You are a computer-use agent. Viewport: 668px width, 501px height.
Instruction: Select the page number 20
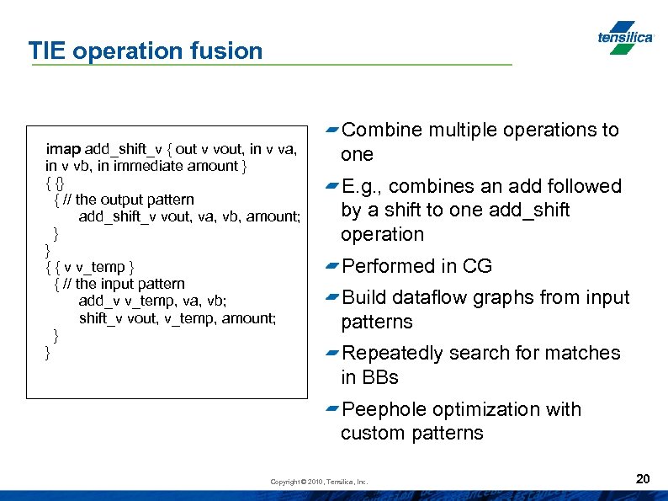pos(643,479)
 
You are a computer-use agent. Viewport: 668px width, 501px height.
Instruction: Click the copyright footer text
pos(319,482)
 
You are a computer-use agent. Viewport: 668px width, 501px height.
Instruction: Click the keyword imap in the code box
pos(63,149)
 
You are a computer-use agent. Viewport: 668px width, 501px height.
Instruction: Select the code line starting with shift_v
pos(177,317)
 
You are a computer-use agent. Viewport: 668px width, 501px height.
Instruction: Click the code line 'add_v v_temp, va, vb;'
pos(152,301)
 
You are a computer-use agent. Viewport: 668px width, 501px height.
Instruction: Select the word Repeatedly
pos(390,353)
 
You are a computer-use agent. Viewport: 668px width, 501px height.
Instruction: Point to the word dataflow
pos(427,297)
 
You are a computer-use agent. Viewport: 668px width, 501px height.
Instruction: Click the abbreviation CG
pos(477,266)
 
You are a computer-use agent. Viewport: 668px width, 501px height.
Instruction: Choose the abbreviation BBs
pos(381,377)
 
